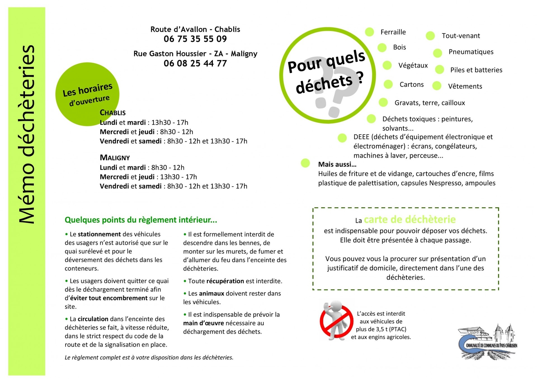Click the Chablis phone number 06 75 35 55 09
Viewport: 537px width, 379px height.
click(x=195, y=39)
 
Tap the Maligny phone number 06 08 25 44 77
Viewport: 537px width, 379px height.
click(x=195, y=63)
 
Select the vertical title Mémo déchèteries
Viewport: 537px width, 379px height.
click(x=27, y=134)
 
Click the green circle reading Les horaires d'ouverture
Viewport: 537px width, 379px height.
click(x=87, y=94)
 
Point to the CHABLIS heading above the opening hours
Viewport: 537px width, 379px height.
click(x=113, y=113)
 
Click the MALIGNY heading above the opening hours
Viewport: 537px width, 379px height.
click(x=115, y=158)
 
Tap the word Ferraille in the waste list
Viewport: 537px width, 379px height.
click(x=393, y=32)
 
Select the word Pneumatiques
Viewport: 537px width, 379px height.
click(x=471, y=52)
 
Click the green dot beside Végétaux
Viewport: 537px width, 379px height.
click(x=387, y=65)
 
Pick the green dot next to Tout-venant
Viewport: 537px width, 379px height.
click(x=430, y=36)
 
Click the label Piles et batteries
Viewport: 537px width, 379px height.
click(x=476, y=70)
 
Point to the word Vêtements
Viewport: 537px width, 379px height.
click(x=465, y=87)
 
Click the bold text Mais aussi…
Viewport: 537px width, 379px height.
click(x=337, y=164)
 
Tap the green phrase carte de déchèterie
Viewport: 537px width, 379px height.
click(x=410, y=220)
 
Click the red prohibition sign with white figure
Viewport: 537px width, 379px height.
click(x=336, y=321)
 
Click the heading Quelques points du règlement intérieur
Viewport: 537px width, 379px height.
click(x=141, y=220)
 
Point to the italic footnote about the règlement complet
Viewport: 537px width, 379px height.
click(x=149, y=358)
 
